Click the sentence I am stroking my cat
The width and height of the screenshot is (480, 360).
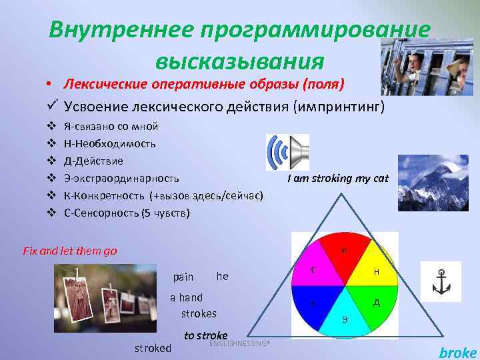coord(337,179)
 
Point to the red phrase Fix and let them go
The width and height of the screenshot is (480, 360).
coord(69,251)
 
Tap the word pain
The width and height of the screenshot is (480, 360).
coord(183,276)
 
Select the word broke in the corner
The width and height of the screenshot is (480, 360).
coord(458,353)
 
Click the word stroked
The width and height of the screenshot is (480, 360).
coord(153,347)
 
